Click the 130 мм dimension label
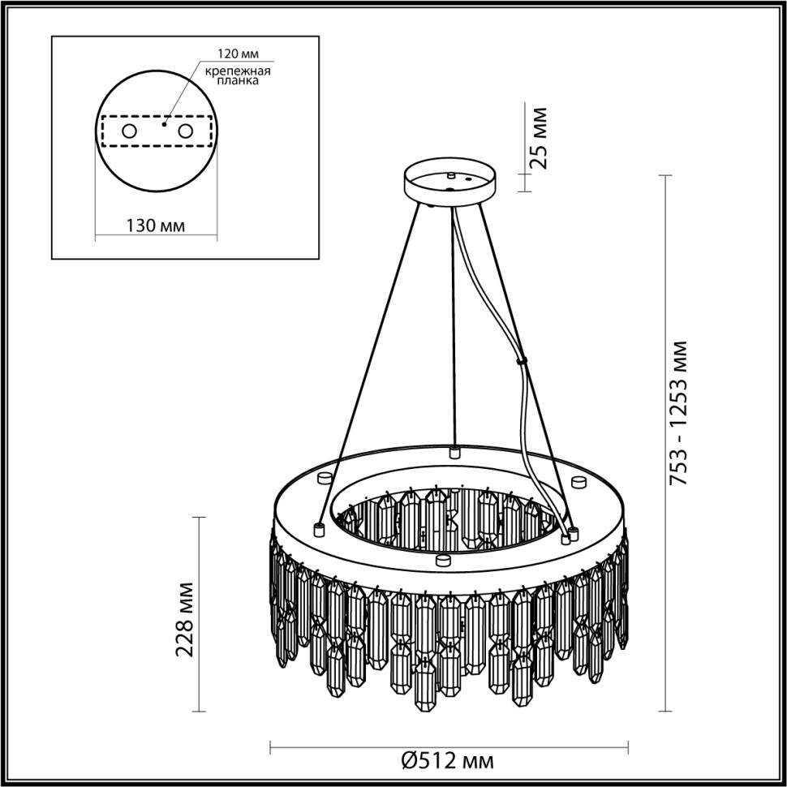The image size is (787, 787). [x=155, y=225]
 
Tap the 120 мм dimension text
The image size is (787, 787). [x=236, y=55]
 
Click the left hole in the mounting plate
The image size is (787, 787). [x=128, y=131]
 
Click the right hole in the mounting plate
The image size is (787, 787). [x=186, y=131]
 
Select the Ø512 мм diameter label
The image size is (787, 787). [x=448, y=762]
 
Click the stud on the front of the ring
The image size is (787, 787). [x=442, y=559]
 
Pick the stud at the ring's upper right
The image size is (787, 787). [x=578, y=482]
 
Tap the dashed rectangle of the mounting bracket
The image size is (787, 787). [x=157, y=131]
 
